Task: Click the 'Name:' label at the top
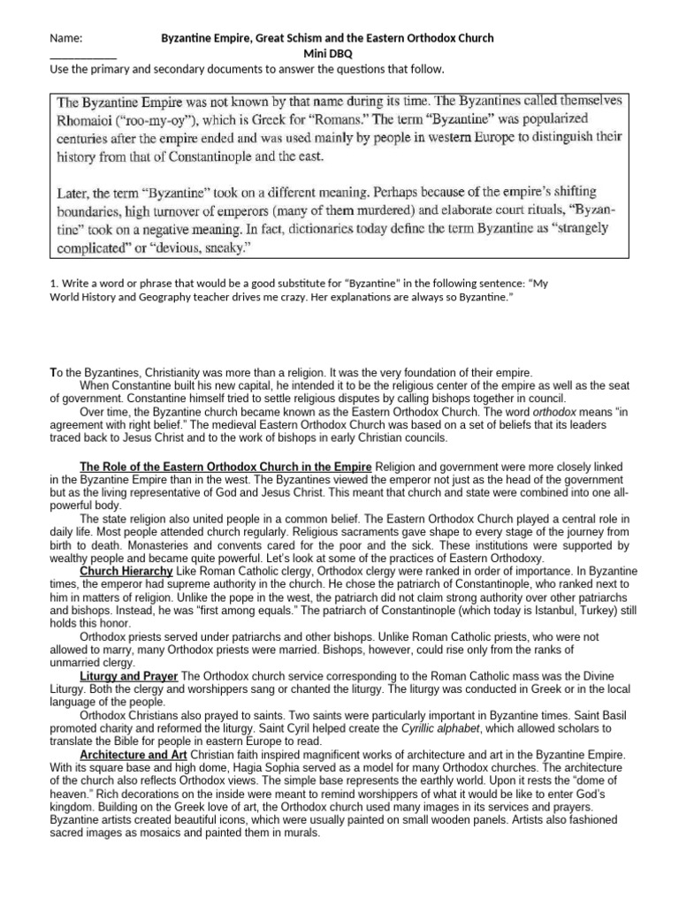click(x=65, y=39)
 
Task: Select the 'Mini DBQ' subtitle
click(x=327, y=54)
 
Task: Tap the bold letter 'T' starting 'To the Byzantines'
click(x=52, y=374)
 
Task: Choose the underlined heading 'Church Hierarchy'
click(x=126, y=572)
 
